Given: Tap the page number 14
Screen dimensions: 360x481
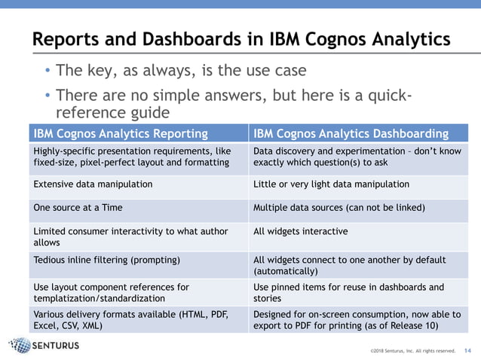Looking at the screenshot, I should tap(467, 350).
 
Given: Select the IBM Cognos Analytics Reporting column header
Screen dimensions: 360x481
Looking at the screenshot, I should tap(121, 134).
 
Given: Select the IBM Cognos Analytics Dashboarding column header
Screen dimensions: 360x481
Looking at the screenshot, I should tap(351, 134).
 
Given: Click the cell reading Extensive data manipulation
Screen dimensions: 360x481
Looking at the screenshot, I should tap(93, 184).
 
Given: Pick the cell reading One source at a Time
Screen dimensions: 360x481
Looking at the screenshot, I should tap(77, 207).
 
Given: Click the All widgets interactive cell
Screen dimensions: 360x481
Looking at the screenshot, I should tap(300, 230).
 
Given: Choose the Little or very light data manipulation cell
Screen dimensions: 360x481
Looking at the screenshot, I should tap(331, 184).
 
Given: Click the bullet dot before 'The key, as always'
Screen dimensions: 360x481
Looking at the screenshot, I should tap(47, 72).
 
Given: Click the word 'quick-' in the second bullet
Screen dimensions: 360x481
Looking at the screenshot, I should tap(385, 96).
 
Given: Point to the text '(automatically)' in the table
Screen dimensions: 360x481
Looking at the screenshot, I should tap(286, 270).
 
